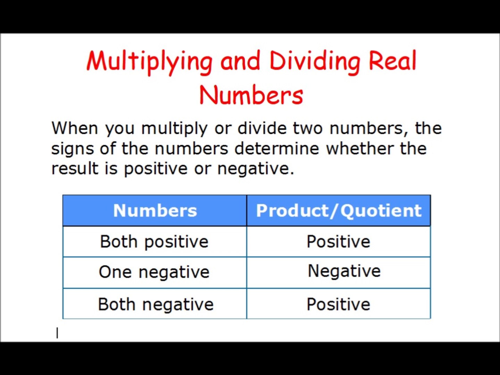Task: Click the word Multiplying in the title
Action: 149,61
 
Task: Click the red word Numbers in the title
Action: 251,95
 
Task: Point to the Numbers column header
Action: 155,211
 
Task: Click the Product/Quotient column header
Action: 339,211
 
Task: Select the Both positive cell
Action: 154,242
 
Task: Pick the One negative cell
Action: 154,272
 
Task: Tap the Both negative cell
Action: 156,304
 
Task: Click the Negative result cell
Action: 344,271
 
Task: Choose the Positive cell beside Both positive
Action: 339,242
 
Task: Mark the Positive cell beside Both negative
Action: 339,304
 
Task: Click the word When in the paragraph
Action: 75,128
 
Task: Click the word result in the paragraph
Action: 75,169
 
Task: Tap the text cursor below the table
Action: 57,333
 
